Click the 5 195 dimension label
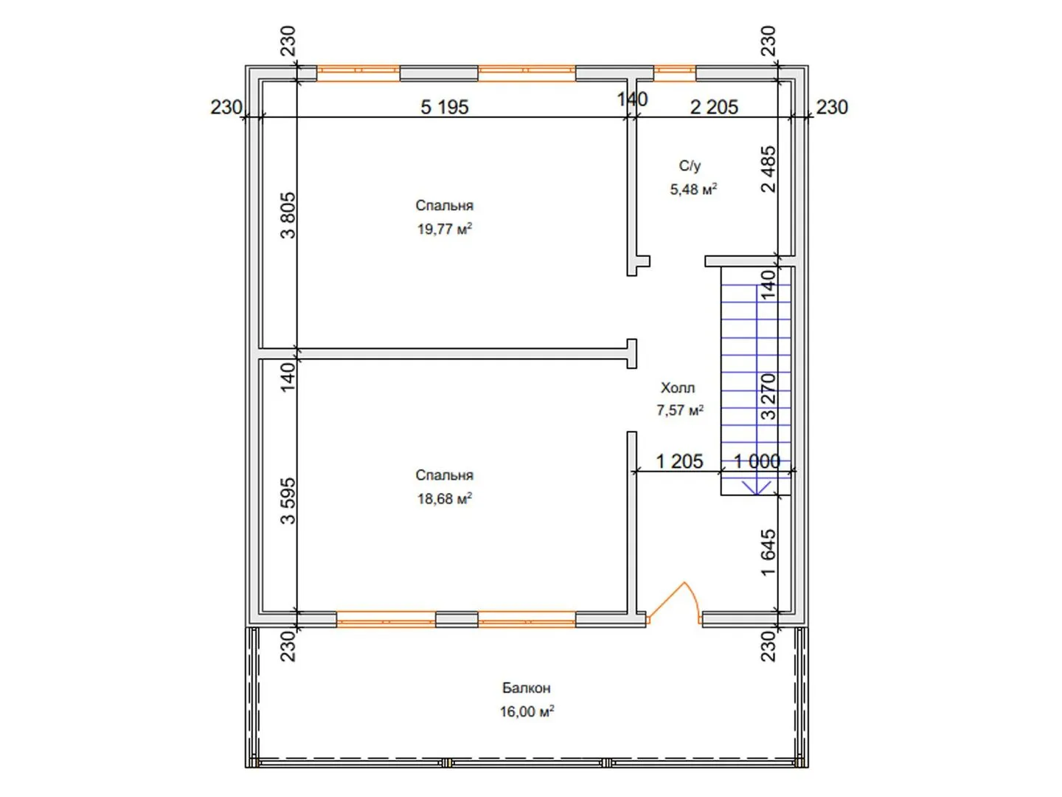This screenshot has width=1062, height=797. [444, 107]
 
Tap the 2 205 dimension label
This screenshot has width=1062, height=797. [714, 107]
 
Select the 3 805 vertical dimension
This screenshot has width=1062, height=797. [288, 215]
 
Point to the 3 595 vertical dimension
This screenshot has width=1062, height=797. [288, 501]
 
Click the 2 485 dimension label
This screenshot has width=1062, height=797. [768, 170]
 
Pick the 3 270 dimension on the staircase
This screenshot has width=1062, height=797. [768, 396]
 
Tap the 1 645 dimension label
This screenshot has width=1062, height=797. [768, 553]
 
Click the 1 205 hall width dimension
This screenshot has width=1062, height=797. [678, 461]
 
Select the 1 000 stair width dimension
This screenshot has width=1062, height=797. [757, 461]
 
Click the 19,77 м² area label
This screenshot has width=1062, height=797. [444, 229]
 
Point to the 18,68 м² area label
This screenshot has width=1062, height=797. [444, 498]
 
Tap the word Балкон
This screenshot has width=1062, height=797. [526, 688]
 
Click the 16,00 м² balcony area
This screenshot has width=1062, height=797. [527, 711]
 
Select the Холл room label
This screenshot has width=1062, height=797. [677, 387]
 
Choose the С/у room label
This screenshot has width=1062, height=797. [690, 165]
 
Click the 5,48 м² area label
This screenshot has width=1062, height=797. [693, 189]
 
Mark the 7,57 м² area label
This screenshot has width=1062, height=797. [679, 410]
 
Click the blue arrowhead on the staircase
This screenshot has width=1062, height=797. [757, 488]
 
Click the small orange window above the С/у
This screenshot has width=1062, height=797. [675, 74]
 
